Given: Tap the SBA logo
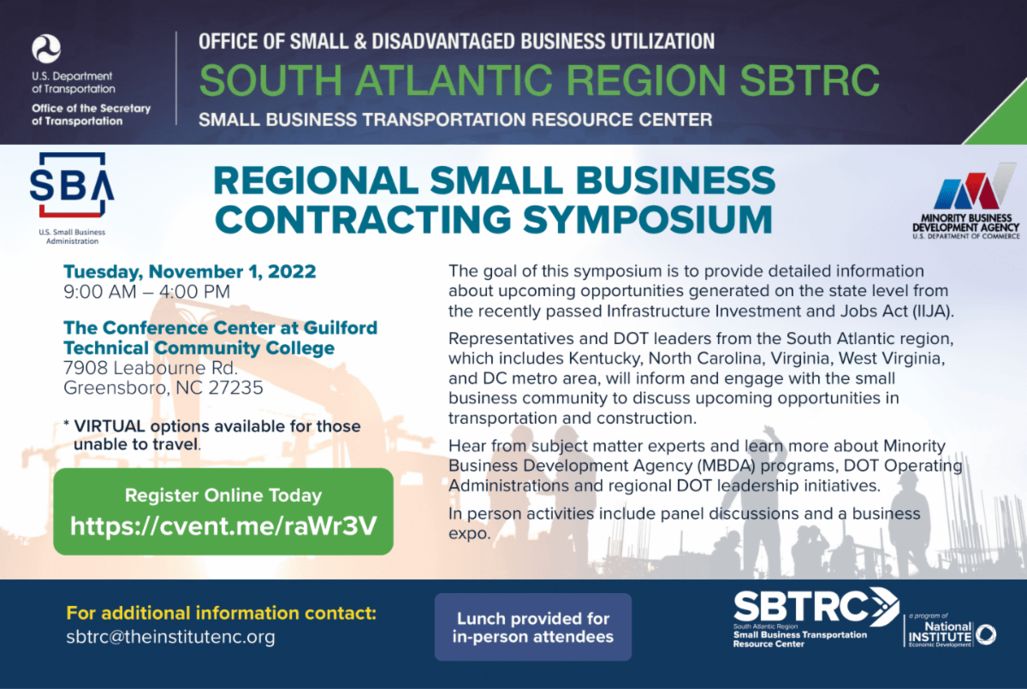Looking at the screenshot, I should tap(72, 186).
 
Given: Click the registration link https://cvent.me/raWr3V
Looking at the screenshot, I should tap(223, 526).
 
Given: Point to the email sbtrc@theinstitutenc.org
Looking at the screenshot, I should tap(170, 638).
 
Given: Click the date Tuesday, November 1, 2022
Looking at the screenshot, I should tap(189, 272).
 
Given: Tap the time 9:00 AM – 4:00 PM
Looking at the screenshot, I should tap(146, 292).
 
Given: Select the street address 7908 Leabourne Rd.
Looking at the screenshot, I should tap(151, 368).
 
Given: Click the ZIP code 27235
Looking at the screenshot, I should tap(239, 388).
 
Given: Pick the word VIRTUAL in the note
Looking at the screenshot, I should tap(107, 426).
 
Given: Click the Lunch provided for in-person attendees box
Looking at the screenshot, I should tap(532, 627).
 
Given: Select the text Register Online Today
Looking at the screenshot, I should tap(223, 495).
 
